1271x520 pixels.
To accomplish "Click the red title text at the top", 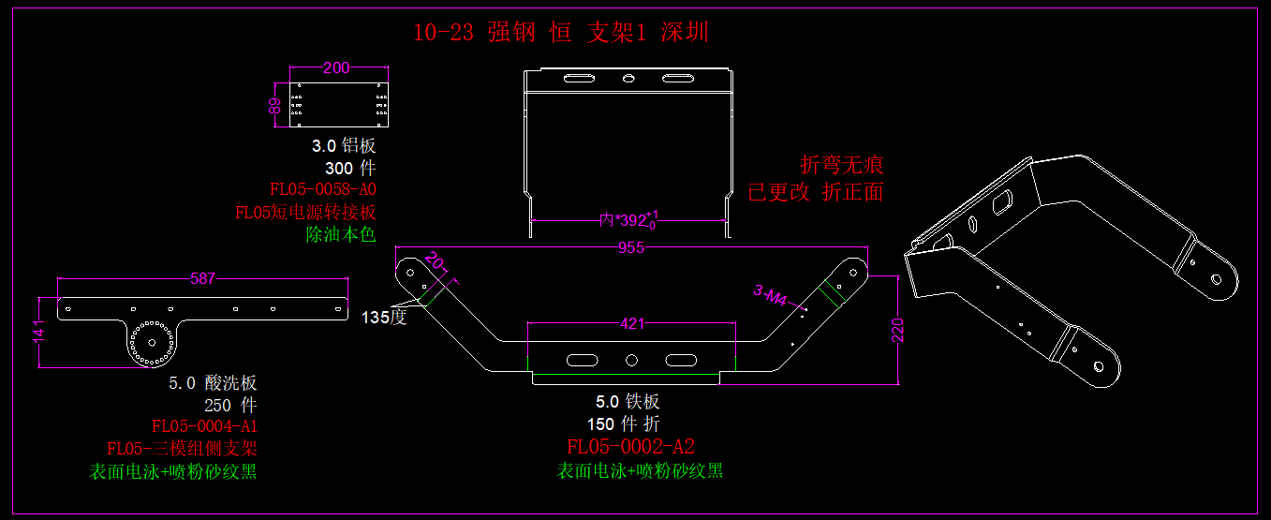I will [x=561, y=33].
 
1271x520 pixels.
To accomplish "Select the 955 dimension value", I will [x=631, y=248].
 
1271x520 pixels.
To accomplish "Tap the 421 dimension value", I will [x=632, y=324].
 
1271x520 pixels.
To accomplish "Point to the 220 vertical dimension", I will [x=898, y=330].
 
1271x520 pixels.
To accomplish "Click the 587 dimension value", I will [x=202, y=278].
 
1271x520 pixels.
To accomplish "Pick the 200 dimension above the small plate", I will [x=335, y=67].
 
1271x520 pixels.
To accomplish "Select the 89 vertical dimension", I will [x=275, y=106].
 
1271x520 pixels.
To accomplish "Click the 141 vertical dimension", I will [x=39, y=333].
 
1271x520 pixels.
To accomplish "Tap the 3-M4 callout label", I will [x=772, y=297].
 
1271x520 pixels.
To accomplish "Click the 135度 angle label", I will [x=384, y=317].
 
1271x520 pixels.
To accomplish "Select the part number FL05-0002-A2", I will [x=631, y=446].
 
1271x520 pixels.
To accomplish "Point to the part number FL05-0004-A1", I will [x=204, y=426].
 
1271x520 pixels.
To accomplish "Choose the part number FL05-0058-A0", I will [x=322, y=190].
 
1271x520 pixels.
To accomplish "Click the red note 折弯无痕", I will [x=842, y=166].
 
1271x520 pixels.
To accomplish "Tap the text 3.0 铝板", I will [x=343, y=146].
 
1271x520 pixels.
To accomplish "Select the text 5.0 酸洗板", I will [x=213, y=382].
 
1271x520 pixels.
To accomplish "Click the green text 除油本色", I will [x=340, y=234].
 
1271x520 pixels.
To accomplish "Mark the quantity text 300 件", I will [x=349, y=169].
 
